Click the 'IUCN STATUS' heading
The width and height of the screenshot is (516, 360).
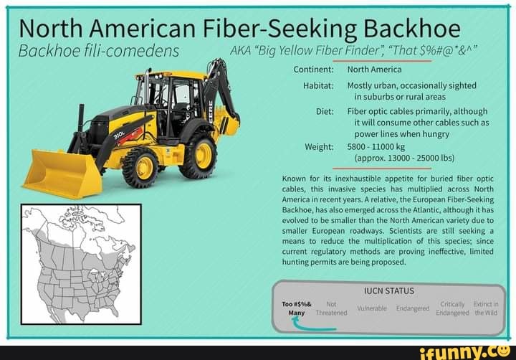click(388, 290)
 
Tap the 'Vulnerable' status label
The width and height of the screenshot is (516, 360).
click(372, 308)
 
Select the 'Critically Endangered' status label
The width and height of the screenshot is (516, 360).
click(452, 308)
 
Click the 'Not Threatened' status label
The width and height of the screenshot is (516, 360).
click(331, 308)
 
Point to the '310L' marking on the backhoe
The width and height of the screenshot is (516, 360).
click(119, 133)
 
